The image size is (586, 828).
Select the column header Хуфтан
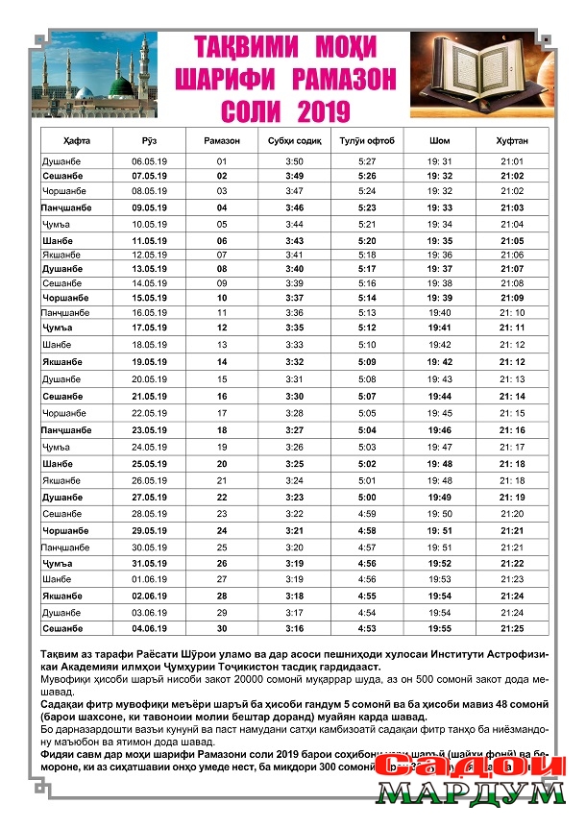[512, 141]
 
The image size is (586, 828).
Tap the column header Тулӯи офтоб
[366, 141]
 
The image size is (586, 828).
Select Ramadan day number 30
[222, 627]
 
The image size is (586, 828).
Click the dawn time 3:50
[294, 161]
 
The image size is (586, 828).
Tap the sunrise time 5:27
[366, 161]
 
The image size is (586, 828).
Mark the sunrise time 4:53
[366, 627]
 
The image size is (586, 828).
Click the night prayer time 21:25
[512, 627]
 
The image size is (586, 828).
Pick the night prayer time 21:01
[512, 161]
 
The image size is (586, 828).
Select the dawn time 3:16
[294, 627]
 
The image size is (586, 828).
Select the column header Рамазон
[222, 141]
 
